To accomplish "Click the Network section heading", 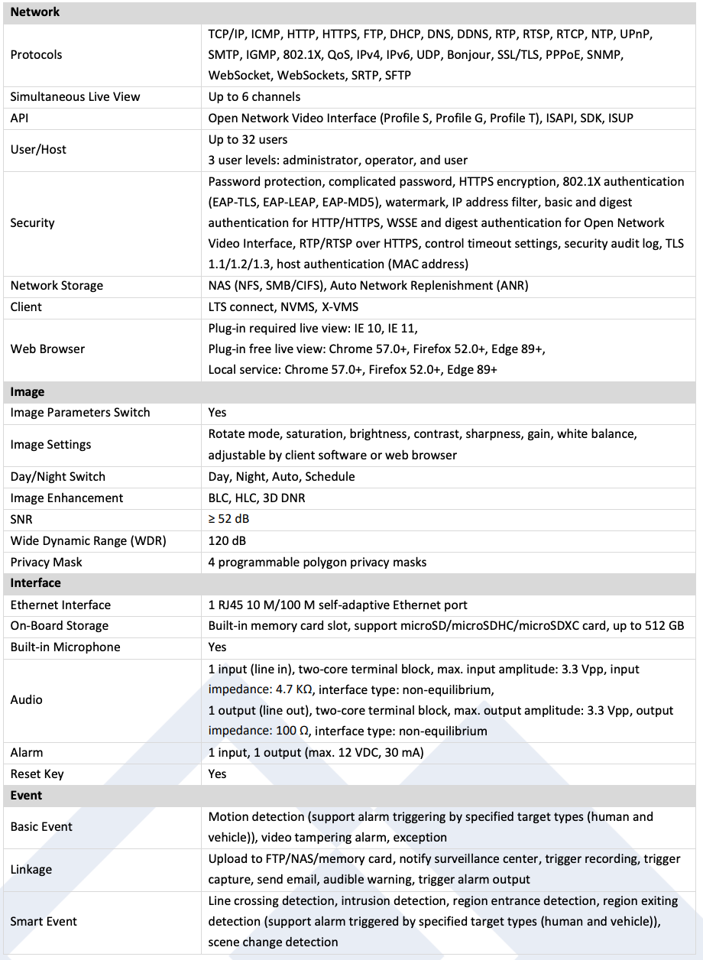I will coord(35,12).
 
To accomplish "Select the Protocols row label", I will coord(37,55).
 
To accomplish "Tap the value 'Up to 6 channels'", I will coord(254,97).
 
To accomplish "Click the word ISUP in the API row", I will coord(620,118).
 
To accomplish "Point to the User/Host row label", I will coord(38,150).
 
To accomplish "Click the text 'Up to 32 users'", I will coord(248,140).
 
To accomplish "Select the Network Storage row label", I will coord(57,286).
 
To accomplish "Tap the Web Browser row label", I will coord(47,349).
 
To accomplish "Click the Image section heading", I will coord(28,392).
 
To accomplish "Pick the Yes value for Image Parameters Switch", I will coord(218,413).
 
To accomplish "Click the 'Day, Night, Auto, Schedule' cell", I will coord(282,477).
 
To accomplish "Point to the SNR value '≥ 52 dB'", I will coord(229,520).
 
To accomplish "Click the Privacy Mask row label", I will coord(46,563).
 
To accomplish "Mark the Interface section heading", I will coord(35,583).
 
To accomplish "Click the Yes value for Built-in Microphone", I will coord(218,647).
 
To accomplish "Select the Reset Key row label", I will coord(37,774).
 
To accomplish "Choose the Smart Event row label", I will coord(44,922).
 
